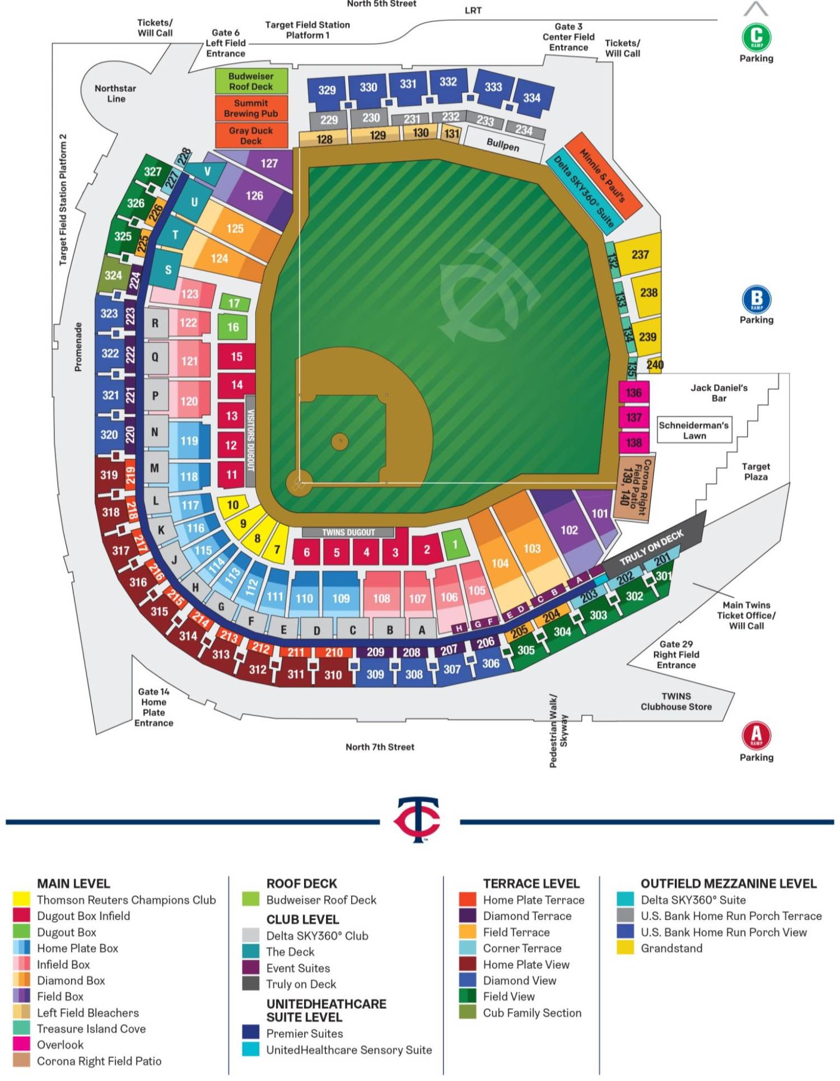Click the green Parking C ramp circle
point(756,37)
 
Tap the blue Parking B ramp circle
point(756,299)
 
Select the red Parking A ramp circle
point(756,735)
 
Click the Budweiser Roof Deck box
point(251,81)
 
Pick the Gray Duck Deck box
point(251,136)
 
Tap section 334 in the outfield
point(533,98)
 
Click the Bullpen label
point(503,145)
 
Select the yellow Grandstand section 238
point(648,292)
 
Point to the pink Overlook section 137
point(634,417)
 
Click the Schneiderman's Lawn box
point(694,430)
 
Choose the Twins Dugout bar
point(348,532)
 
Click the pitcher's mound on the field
point(340,441)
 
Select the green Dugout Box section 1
point(455,544)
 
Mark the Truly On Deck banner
point(652,548)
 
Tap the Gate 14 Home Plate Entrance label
point(153,707)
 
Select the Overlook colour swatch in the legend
point(21,1045)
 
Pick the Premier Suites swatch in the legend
point(251,1033)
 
